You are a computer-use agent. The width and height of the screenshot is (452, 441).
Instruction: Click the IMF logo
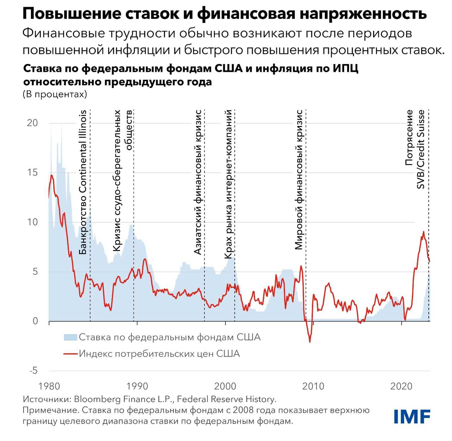[x=412, y=416]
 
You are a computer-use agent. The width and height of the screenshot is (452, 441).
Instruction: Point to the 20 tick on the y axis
[x=33, y=123]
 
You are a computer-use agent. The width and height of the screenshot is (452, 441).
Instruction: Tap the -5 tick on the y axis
[x=33, y=371]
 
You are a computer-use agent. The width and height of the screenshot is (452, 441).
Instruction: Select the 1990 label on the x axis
[x=137, y=386]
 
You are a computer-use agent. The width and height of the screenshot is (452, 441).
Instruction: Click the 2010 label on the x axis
[x=313, y=386]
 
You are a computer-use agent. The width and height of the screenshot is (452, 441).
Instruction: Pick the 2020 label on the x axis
[x=401, y=386]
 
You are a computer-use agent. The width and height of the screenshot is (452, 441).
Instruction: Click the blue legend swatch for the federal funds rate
[x=70, y=337]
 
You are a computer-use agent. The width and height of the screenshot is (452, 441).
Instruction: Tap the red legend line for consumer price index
[x=70, y=354]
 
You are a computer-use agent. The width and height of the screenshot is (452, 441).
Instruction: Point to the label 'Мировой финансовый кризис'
[x=299, y=180]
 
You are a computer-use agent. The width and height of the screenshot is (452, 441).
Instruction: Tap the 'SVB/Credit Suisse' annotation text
[x=421, y=149]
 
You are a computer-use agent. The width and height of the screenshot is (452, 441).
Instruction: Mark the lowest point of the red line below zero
[x=310, y=342]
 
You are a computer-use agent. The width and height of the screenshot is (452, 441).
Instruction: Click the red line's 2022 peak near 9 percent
[x=423, y=232]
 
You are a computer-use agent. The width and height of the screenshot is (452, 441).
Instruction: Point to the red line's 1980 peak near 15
[x=52, y=175]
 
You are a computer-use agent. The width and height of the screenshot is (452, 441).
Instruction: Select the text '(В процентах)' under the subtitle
[x=55, y=94]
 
